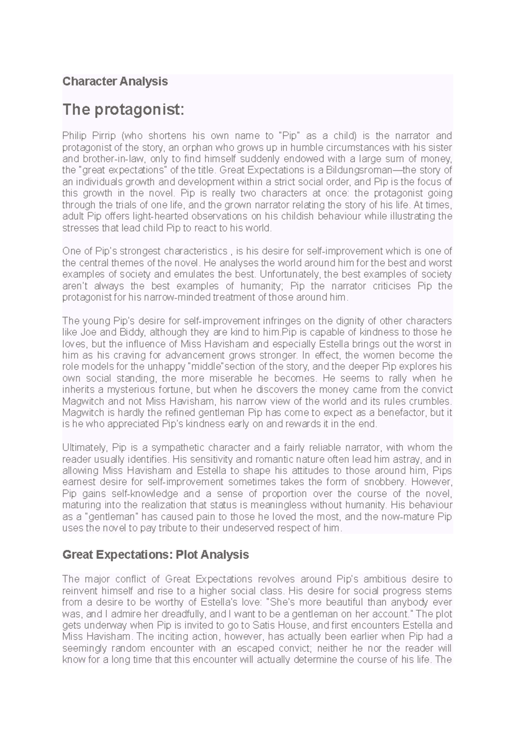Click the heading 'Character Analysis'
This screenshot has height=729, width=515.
coord(115,81)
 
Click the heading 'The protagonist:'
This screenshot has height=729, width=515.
coord(123,110)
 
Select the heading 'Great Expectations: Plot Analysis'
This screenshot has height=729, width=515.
coord(155,555)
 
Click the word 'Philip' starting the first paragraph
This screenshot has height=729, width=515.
coord(74,136)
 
